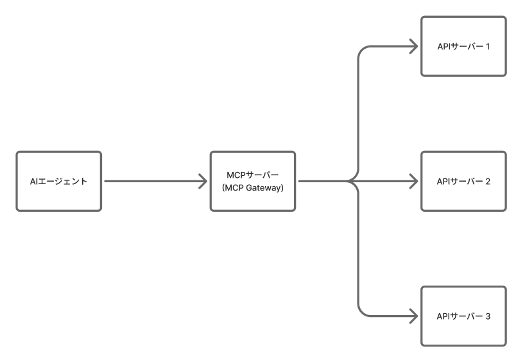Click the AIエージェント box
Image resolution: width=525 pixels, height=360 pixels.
[58, 181]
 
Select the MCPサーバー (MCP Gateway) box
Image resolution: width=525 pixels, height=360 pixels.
[253, 181]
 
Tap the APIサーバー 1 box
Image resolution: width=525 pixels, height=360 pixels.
[463, 46]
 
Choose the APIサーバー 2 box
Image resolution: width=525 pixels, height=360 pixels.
[463, 181]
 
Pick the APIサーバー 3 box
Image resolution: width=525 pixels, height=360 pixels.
[463, 316]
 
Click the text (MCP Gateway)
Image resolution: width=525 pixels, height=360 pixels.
[253, 187]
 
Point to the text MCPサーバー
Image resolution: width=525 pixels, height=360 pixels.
[253, 175]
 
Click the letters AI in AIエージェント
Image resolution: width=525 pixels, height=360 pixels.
[34, 182]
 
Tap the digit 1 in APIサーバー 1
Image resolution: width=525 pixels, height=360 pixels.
[488, 46]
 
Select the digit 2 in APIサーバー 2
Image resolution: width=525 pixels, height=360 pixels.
[488, 181]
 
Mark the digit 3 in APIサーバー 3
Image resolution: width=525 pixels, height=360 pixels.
[488, 316]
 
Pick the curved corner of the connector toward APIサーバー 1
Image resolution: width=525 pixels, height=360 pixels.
[361, 51]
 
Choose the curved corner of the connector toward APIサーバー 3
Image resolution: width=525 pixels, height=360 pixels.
[361, 311]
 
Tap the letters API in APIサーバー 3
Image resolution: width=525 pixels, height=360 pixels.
[443, 316]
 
